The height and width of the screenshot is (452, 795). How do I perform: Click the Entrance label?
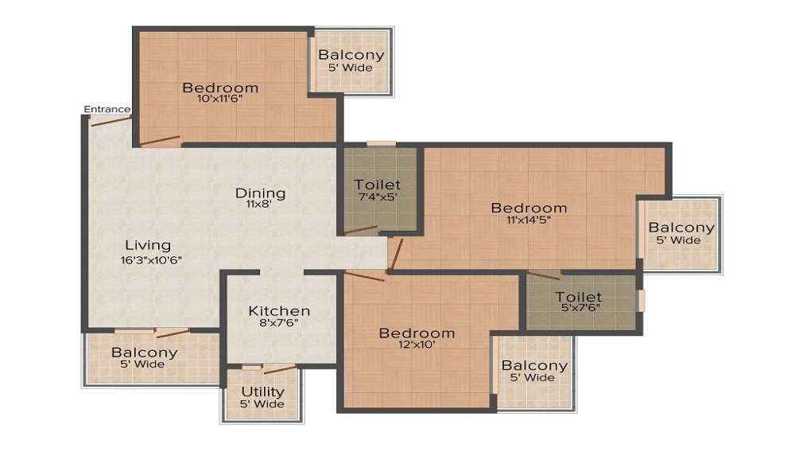[107, 109]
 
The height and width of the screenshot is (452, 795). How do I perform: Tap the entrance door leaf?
[111, 121]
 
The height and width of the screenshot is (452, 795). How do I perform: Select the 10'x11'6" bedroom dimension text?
[220, 99]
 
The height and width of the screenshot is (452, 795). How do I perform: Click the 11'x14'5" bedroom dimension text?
[529, 220]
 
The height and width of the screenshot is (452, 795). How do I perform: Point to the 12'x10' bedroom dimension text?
[417, 345]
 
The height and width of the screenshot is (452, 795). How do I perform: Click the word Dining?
[260, 193]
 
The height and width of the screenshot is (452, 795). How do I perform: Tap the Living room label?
[148, 246]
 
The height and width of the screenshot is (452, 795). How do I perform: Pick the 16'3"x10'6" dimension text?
[151, 260]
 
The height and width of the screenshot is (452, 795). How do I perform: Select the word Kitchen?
[279, 310]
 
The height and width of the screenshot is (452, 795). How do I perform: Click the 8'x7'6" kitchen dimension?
[279, 322]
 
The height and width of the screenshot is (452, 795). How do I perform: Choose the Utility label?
[262, 392]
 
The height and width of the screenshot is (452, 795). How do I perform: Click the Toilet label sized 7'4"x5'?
[377, 185]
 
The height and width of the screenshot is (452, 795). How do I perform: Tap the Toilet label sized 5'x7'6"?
[579, 297]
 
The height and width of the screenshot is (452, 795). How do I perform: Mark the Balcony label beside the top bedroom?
[351, 55]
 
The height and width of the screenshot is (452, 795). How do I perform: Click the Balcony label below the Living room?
[144, 353]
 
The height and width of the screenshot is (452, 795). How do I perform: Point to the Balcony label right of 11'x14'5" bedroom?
[681, 228]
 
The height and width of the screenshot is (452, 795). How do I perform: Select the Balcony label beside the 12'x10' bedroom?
[534, 366]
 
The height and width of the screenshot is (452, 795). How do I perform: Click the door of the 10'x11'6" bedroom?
[160, 141]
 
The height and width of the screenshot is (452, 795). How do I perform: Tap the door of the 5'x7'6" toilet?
[544, 275]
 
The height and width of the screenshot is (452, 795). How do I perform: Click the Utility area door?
[281, 368]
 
